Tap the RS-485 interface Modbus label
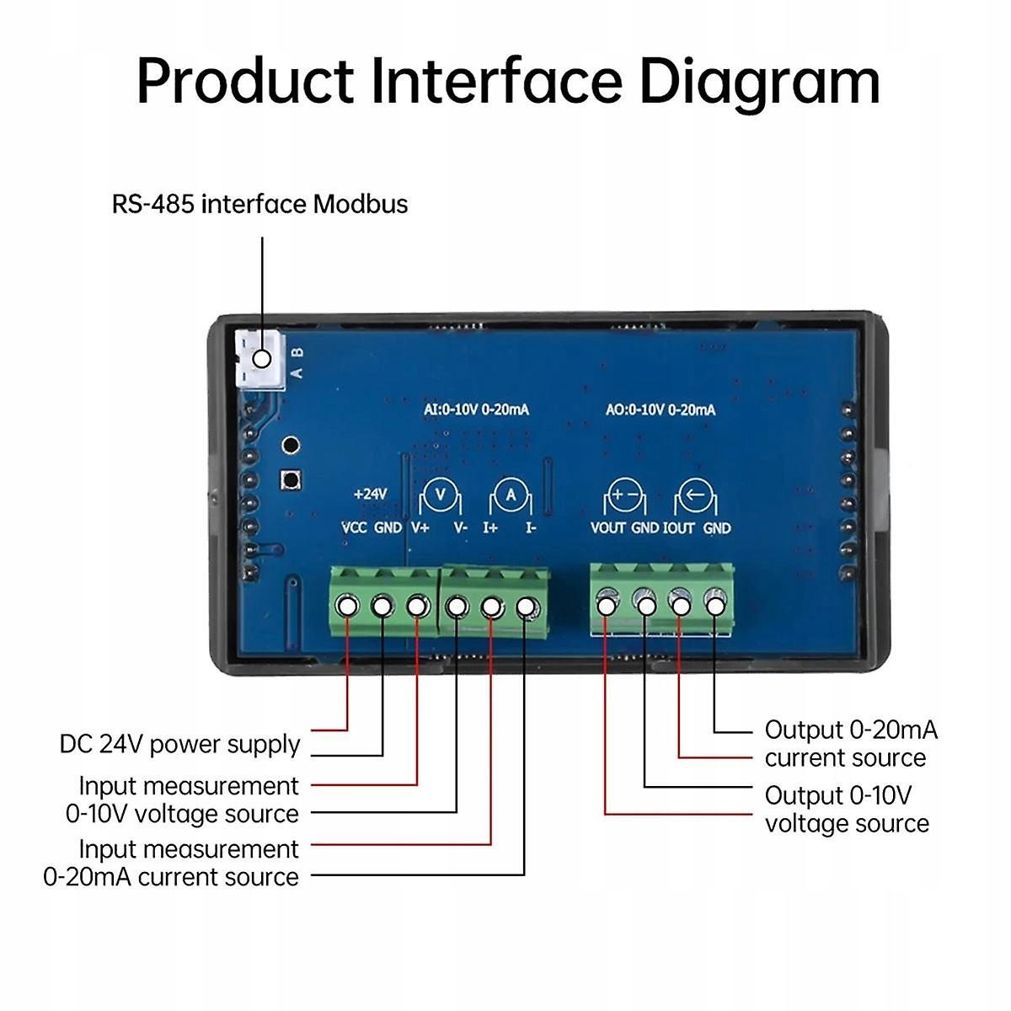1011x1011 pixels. [259, 204]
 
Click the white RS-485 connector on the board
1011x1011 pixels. [258, 357]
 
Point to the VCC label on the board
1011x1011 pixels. [354, 528]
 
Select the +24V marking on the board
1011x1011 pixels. [370, 494]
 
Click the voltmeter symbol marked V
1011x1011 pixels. [440, 495]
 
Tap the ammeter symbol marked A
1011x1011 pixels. [511, 496]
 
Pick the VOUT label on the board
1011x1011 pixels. [607, 528]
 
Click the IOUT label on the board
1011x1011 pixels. [678, 528]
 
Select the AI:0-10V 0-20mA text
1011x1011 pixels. [476, 409]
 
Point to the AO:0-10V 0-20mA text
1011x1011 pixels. [661, 409]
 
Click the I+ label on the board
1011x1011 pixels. [490, 528]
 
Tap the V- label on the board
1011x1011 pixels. [460, 528]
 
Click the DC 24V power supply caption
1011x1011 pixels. [179, 744]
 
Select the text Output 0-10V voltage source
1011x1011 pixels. [846, 810]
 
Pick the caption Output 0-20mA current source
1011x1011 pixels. [850, 743]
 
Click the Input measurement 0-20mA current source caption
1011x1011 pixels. [172, 863]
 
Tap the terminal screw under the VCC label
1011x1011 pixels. [347, 606]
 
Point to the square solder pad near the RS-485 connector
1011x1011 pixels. [292, 480]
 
